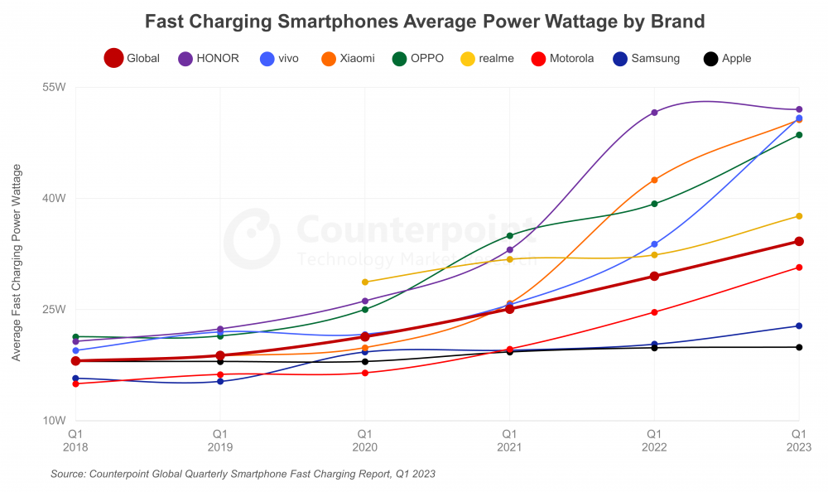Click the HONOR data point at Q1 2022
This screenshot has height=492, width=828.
[x=654, y=112]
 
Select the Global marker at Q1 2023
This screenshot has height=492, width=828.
[x=799, y=241]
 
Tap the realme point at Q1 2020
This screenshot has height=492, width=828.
[x=365, y=282]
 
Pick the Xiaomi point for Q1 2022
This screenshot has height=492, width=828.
[x=654, y=180]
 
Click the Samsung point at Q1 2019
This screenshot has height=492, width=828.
[x=220, y=381]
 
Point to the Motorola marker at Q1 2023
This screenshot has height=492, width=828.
[x=799, y=267]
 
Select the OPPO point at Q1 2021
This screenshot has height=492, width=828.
[x=510, y=235]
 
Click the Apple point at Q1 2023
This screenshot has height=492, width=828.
[x=799, y=347]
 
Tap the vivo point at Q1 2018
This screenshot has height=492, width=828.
[x=75, y=350]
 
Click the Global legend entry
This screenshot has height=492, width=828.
[x=132, y=58]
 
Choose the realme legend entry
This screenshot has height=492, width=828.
[x=488, y=58]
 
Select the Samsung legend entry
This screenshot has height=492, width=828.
[x=646, y=58]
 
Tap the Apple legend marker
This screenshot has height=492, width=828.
[x=710, y=58]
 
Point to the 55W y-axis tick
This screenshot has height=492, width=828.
[x=54, y=86]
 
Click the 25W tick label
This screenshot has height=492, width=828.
[x=54, y=309]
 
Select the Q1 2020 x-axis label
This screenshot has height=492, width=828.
[x=364, y=440]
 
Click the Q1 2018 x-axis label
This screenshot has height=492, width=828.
[x=75, y=440]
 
